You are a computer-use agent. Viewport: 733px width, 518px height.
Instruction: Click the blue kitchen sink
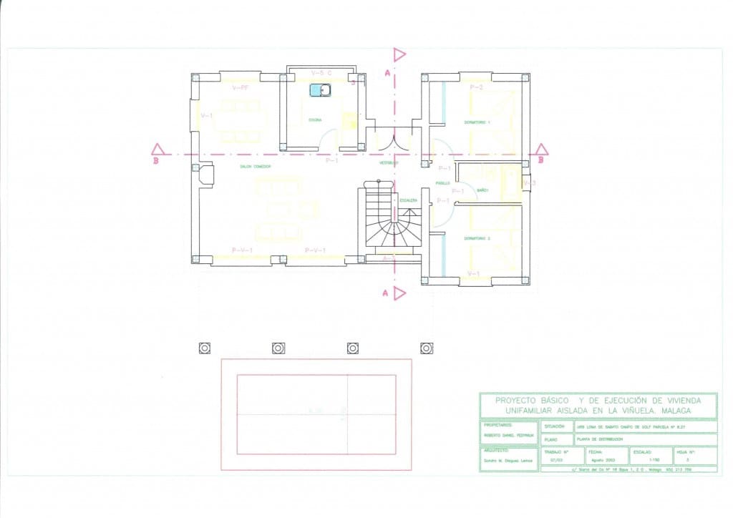click(320, 90)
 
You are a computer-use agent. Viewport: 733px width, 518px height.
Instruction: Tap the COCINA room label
click(315, 119)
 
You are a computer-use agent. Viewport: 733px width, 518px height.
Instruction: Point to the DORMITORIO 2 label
click(477, 238)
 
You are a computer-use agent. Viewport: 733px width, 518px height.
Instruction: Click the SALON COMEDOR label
click(255, 167)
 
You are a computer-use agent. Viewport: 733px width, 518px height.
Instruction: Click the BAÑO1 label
click(482, 190)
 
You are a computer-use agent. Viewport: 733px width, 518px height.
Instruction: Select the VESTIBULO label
click(389, 163)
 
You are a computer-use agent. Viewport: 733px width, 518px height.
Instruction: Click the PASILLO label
click(443, 183)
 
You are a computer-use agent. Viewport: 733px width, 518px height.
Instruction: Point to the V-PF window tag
click(241, 87)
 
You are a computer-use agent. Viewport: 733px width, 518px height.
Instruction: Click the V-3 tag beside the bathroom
click(529, 183)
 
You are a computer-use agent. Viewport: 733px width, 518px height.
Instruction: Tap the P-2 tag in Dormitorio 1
click(477, 87)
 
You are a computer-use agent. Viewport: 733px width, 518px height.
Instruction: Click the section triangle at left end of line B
click(159, 150)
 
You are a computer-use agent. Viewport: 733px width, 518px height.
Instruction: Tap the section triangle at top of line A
click(399, 55)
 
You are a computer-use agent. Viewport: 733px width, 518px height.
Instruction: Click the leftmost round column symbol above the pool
click(205, 348)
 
